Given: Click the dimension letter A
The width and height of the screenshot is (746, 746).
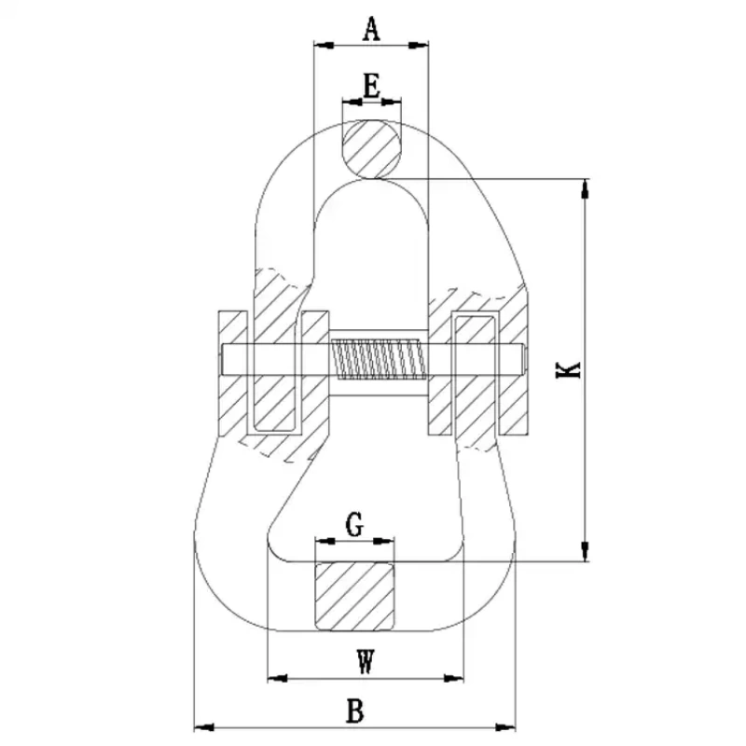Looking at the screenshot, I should coord(371,29).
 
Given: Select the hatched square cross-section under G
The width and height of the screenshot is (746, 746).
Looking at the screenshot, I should coord(354,595).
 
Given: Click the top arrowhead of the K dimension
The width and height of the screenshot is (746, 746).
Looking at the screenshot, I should coord(586,187).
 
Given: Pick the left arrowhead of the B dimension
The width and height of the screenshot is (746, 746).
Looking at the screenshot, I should coord(201,725).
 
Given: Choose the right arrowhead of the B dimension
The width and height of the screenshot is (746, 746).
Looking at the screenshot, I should coord(508,725).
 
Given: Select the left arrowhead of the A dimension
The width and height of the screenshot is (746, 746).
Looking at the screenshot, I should coord(322,44).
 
